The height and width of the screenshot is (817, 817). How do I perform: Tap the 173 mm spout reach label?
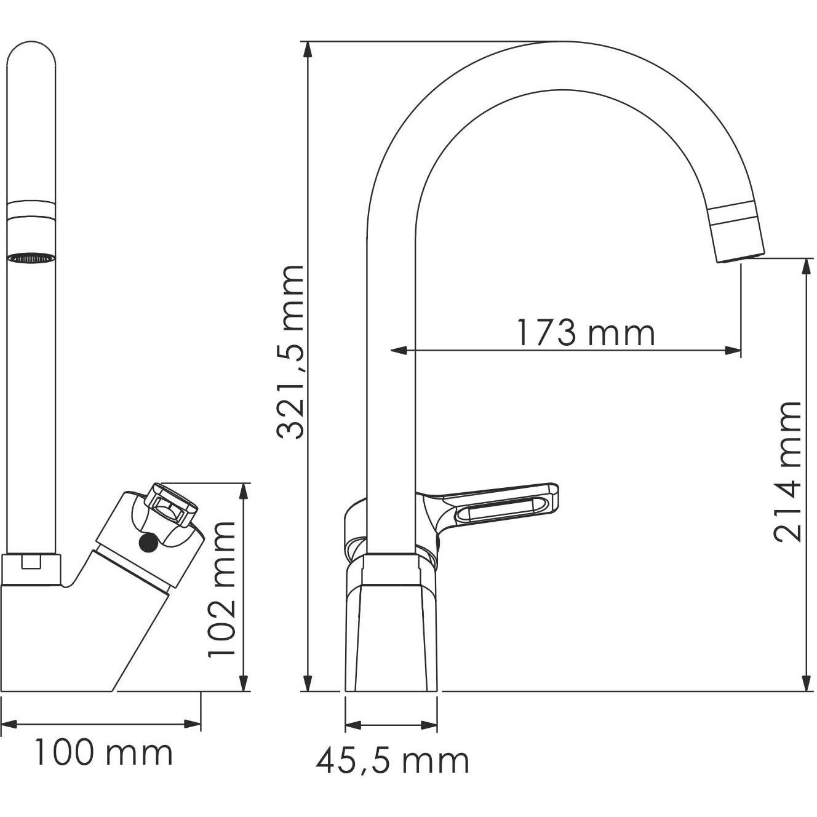[584, 333]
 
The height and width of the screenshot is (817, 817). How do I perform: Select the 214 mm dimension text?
[788, 472]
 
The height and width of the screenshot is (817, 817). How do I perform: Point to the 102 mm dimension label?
[222, 589]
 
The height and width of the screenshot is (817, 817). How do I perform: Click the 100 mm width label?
[103, 753]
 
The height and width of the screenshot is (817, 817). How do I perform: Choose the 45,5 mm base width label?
[393, 761]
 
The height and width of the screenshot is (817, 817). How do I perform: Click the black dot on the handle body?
[148, 543]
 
